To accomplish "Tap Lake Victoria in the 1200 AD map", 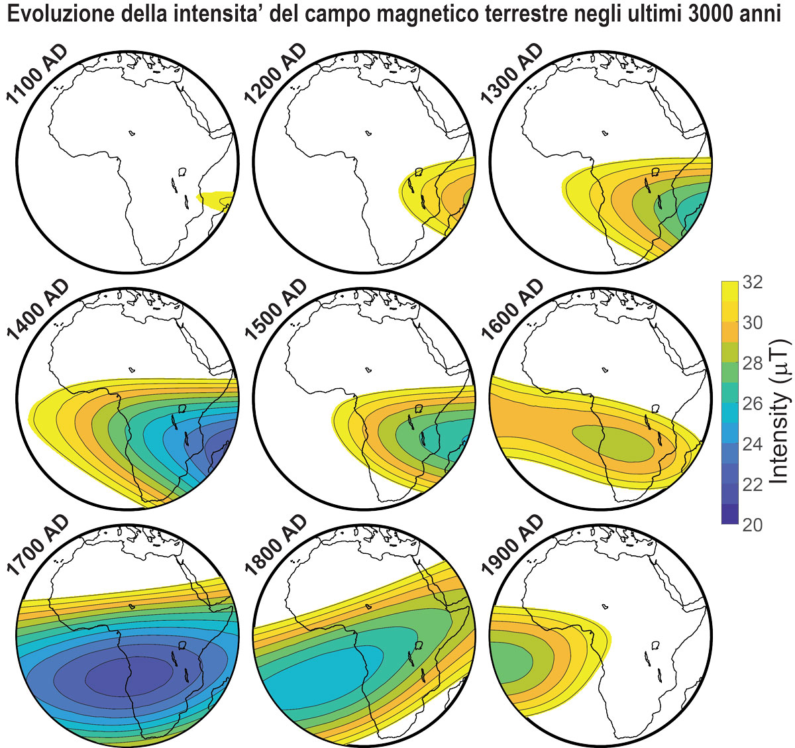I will click(418, 172).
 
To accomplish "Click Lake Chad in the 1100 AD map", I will click(132, 133).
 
